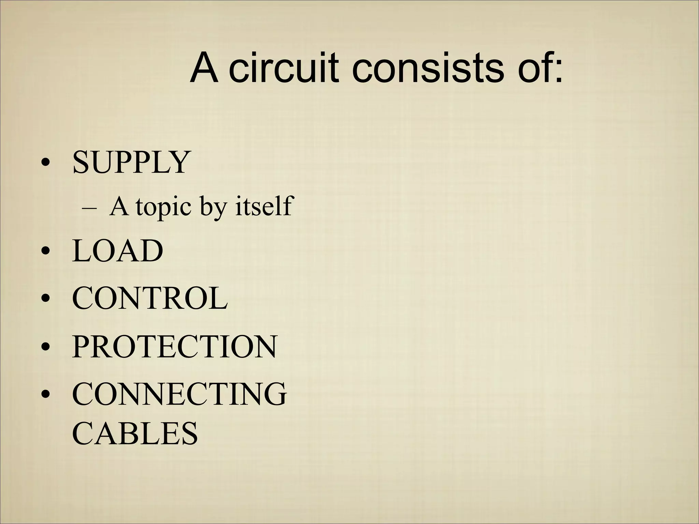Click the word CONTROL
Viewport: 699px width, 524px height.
(149, 298)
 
